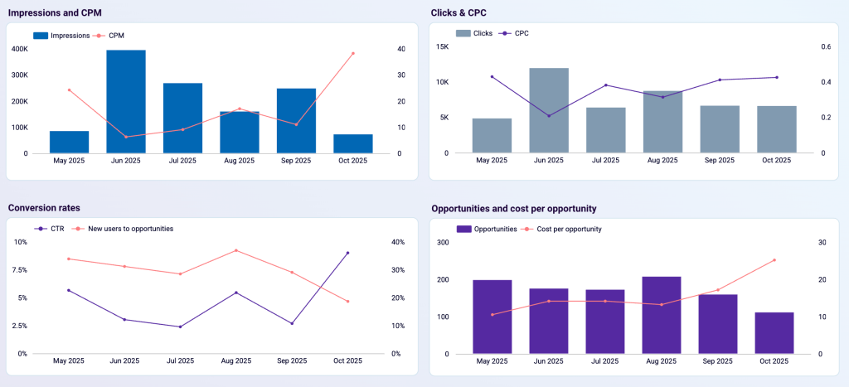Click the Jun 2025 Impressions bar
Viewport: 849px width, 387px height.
click(x=126, y=101)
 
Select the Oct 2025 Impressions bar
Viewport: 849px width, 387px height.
click(x=353, y=143)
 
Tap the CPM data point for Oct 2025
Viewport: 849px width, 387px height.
click(x=353, y=53)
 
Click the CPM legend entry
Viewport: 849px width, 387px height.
click(x=116, y=36)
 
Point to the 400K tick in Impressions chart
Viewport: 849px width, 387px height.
click(x=19, y=49)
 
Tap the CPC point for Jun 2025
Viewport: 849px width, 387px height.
click(x=549, y=115)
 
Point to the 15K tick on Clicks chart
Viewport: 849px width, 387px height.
click(x=443, y=47)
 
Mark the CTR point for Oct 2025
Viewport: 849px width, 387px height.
click(x=347, y=253)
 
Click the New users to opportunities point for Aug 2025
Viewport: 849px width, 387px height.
click(x=236, y=250)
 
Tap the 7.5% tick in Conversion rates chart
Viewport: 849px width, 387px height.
click(x=18, y=270)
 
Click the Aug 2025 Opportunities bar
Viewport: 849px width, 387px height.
click(x=661, y=315)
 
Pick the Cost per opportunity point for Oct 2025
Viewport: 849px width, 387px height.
click(x=774, y=260)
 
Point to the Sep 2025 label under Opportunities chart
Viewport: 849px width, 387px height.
click(x=717, y=361)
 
